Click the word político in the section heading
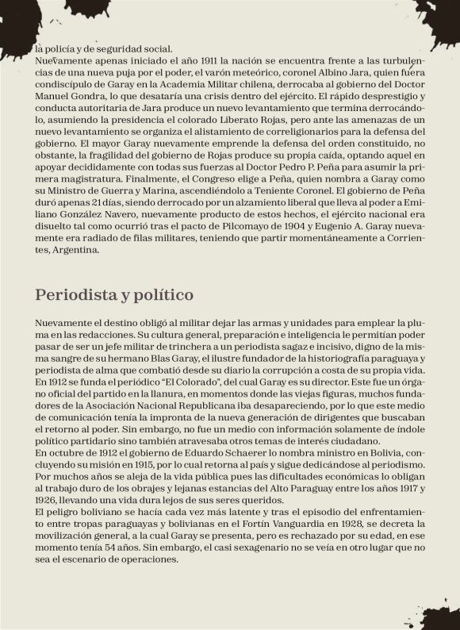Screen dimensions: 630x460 pyautogui.click(x=163, y=295)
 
